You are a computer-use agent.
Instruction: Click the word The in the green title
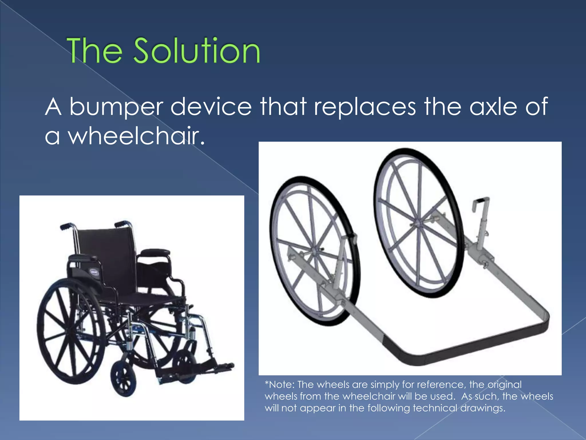(x=94, y=51)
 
